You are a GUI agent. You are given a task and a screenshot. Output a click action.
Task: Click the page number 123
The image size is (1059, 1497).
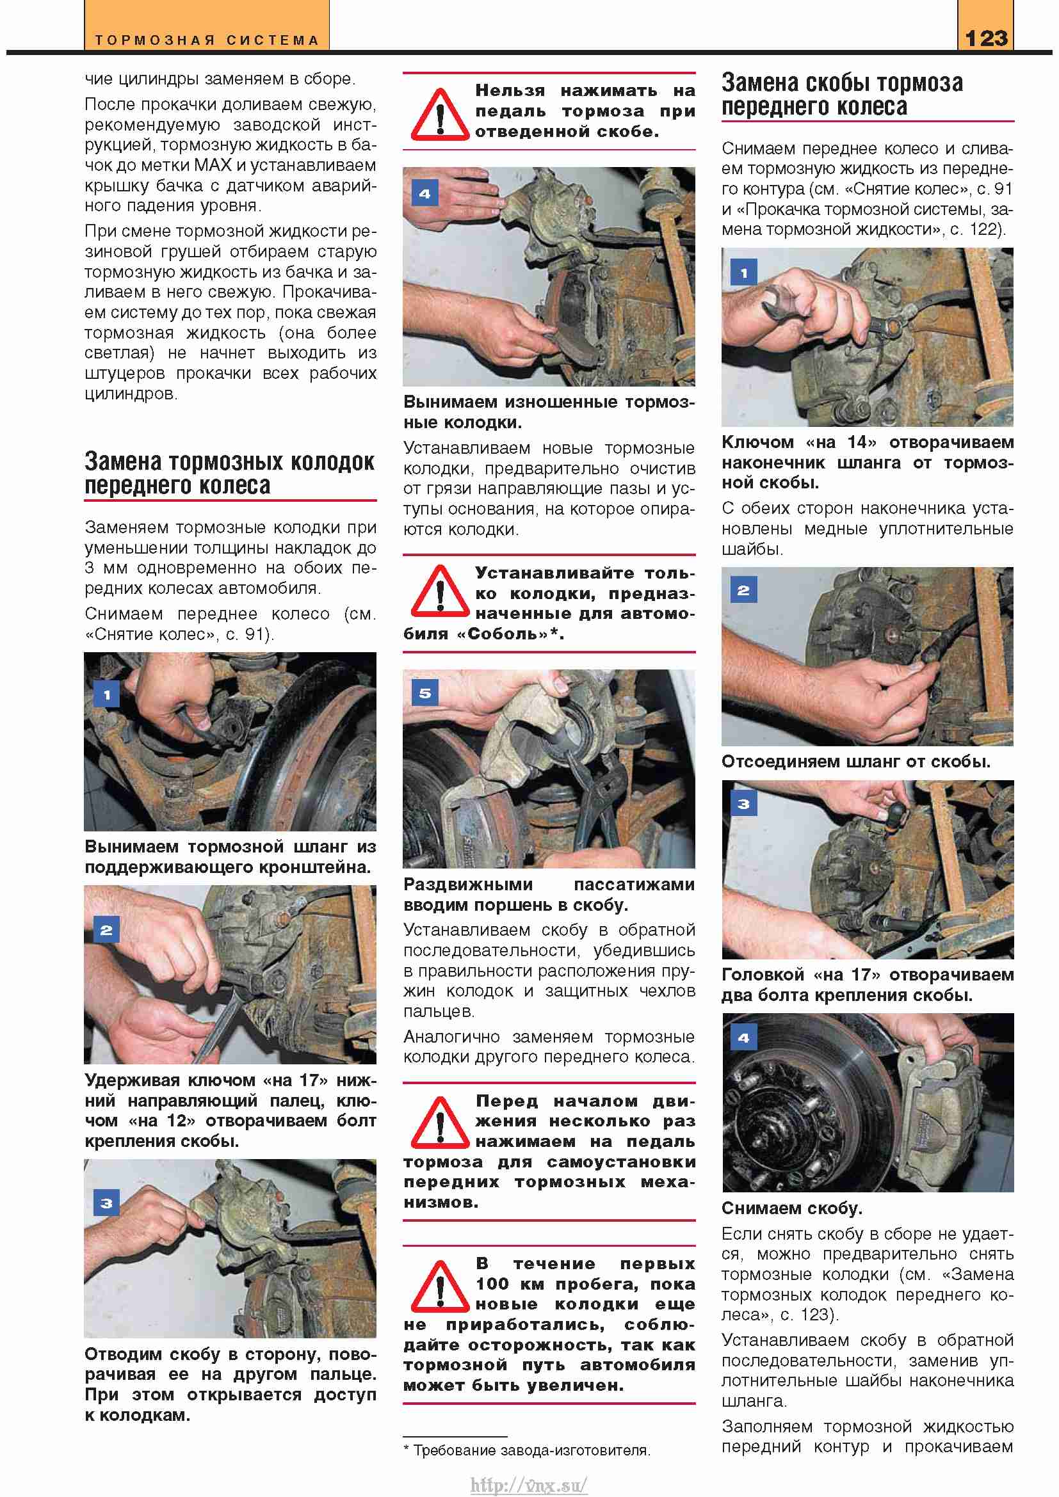[x=986, y=38]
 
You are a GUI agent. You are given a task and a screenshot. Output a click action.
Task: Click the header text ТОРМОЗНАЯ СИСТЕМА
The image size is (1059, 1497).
[x=207, y=40]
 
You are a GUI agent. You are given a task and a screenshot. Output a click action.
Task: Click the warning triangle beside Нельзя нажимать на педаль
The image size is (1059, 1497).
[x=439, y=116]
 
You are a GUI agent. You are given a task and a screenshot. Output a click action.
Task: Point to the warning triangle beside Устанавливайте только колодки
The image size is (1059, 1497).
[x=439, y=592]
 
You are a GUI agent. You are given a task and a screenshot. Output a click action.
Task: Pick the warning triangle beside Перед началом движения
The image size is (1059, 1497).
[x=439, y=1123]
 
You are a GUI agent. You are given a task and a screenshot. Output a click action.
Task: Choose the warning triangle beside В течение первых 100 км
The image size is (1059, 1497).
[x=439, y=1287]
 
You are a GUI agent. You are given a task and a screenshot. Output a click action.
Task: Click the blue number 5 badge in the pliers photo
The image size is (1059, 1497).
[x=425, y=693]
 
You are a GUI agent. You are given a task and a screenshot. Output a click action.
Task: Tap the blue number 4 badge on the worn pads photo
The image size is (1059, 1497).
[x=425, y=194]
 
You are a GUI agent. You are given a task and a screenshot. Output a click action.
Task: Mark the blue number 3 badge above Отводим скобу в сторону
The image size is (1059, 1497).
[x=107, y=1203]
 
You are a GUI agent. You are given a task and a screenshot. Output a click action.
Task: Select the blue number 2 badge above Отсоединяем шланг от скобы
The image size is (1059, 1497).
[x=743, y=590]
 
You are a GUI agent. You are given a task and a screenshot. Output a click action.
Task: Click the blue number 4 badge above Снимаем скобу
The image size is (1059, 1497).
[x=743, y=1037]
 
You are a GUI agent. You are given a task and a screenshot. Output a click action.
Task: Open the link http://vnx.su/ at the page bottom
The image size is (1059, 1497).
[x=529, y=1485]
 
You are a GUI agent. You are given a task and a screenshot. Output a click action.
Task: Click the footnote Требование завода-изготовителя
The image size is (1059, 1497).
[x=531, y=1450]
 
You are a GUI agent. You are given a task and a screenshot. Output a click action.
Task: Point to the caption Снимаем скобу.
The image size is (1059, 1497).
[x=791, y=1208]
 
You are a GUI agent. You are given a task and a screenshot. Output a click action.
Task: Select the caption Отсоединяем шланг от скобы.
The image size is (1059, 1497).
[x=855, y=762]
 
